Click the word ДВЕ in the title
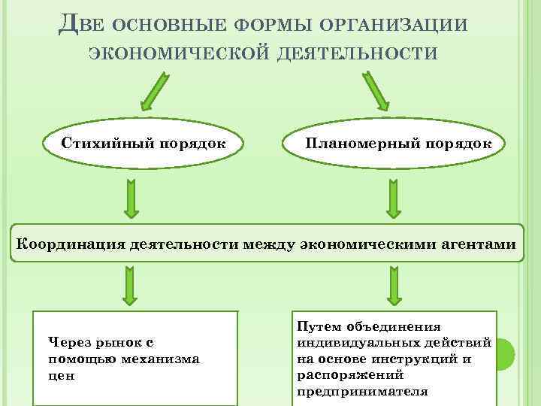pos(80,24)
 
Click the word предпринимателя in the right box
pos(363,391)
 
